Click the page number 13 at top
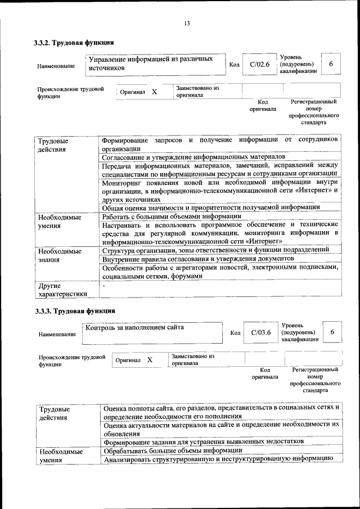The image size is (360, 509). pyautogui.click(x=187, y=23)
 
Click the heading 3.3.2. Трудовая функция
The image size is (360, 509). pyautogui.click(x=74, y=42)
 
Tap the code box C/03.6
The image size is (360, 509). pyautogui.click(x=261, y=332)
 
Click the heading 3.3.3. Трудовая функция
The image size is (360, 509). pyautogui.click(x=74, y=310)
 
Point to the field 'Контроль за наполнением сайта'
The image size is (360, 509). pyautogui.click(x=134, y=327)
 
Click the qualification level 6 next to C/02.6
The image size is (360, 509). pyautogui.click(x=331, y=64)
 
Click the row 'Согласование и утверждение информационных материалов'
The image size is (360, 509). pyautogui.click(x=194, y=157)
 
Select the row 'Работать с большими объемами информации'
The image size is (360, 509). pyautogui.click(x=172, y=216)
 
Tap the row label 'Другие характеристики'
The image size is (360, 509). pyautogui.click(x=62, y=290)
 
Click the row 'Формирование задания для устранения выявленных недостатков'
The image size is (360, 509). pyautogui.click(x=204, y=442)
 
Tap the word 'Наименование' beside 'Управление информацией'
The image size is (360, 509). pyautogui.click(x=56, y=66)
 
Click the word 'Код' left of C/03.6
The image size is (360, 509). pyautogui.click(x=235, y=333)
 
